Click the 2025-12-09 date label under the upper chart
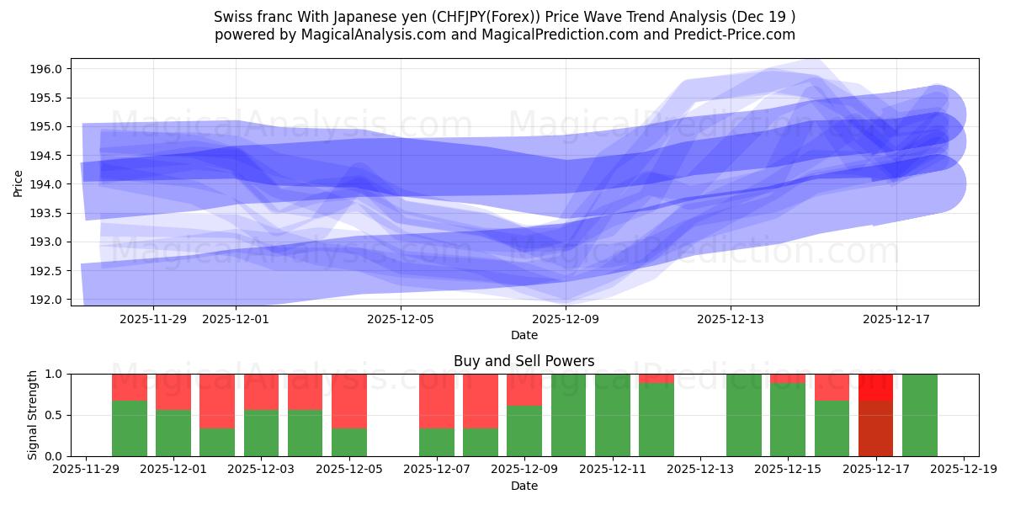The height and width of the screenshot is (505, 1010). (x=566, y=319)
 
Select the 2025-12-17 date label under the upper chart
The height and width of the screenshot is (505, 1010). (x=896, y=319)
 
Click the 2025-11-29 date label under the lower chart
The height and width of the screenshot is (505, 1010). (x=86, y=470)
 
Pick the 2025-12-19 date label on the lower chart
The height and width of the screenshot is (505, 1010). (x=963, y=470)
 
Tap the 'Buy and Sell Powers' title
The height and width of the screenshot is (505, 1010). (x=524, y=361)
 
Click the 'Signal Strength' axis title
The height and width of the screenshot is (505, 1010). (x=32, y=415)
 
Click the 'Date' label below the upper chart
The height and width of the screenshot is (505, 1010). (x=524, y=335)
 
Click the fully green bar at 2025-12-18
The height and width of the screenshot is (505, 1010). (x=919, y=415)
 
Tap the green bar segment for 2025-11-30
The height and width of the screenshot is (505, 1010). (x=130, y=428)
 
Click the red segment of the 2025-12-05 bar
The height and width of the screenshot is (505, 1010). (x=348, y=401)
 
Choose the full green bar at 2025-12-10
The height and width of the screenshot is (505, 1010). (x=568, y=415)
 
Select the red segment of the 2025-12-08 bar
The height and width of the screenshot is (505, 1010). (x=480, y=401)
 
